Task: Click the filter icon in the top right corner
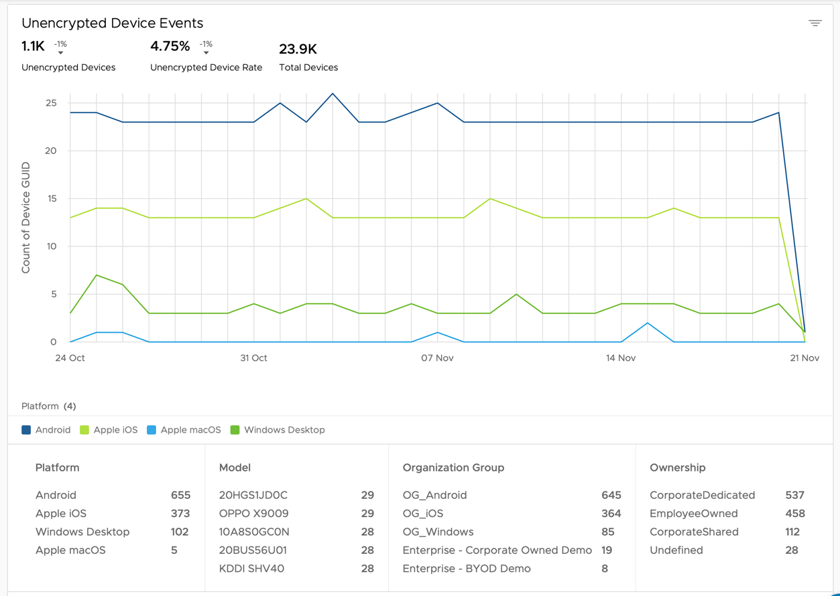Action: [815, 23]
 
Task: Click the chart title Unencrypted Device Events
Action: [112, 23]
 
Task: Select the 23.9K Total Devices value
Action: [298, 49]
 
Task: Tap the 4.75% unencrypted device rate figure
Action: [170, 46]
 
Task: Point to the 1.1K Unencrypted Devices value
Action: [33, 46]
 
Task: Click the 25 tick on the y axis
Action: [51, 103]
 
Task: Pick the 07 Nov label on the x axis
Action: [437, 358]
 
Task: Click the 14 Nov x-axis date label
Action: [621, 358]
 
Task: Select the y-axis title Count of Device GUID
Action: [26, 218]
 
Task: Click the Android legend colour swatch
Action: [26, 430]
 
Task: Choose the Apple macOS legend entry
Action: [190, 430]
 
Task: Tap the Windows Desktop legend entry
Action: [284, 430]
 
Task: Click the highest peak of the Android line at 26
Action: [333, 94]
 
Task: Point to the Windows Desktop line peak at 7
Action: [97, 275]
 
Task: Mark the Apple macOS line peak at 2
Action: [648, 323]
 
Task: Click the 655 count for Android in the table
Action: [180, 496]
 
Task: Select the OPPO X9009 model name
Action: [253, 514]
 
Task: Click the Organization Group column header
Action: [453, 467]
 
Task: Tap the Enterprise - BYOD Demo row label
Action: [467, 569]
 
